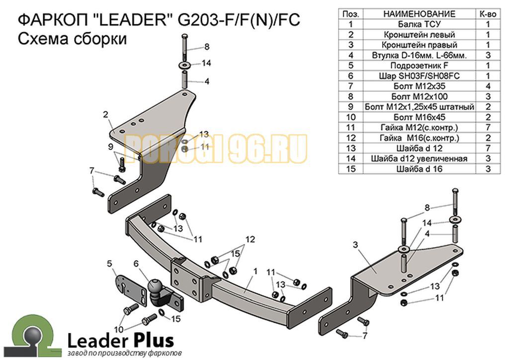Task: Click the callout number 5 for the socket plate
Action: pyautogui.click(x=110, y=263)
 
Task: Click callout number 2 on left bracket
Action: pyautogui.click(x=106, y=115)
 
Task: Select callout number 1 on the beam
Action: pyautogui.click(x=255, y=271)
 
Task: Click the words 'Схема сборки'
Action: pyautogui.click(x=72, y=39)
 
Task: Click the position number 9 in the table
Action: pyautogui.click(x=351, y=107)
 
